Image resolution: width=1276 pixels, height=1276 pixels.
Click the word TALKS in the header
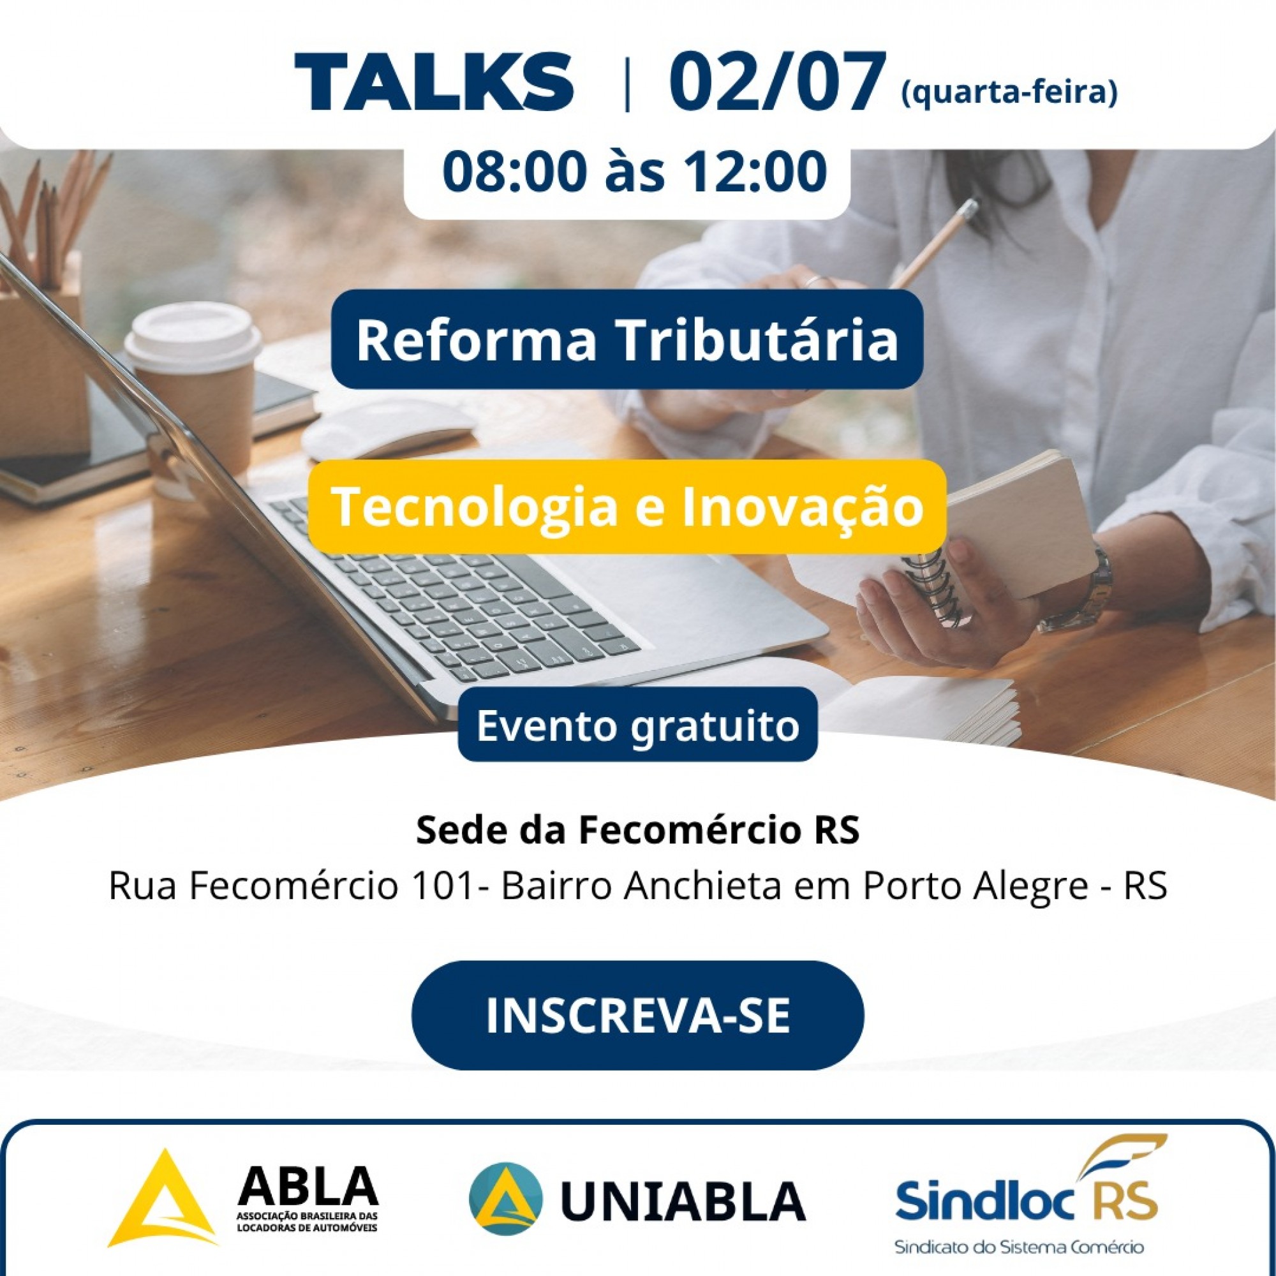pos(433,81)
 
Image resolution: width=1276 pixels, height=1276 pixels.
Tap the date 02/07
pos(776,81)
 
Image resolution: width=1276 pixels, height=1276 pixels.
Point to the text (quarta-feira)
pos(1009,93)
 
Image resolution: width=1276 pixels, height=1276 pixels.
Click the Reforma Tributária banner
pos(627,339)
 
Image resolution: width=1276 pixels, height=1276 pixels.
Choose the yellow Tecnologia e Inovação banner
pos(627,507)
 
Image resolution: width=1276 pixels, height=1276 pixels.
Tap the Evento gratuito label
pos(638,725)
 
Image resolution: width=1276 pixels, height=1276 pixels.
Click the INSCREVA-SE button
pos(638,1016)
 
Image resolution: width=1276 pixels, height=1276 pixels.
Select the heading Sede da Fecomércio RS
pos(638,830)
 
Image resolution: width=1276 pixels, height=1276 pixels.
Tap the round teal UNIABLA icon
pos(506,1198)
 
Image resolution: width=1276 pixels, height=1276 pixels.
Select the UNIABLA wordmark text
pos(683,1199)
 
